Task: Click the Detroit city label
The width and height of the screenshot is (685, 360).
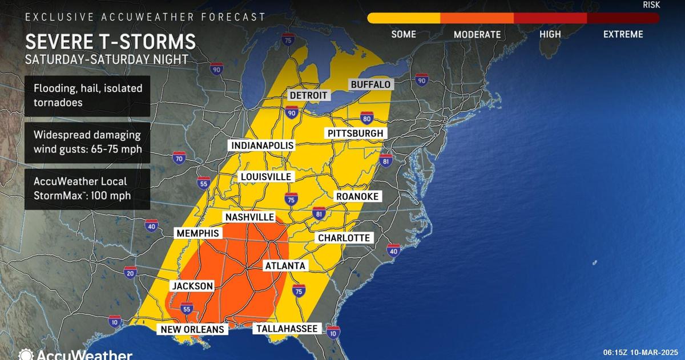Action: point(308,95)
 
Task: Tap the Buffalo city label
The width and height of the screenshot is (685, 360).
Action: point(370,84)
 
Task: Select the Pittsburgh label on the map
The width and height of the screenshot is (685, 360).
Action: point(355,133)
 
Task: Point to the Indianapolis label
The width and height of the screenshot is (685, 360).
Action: point(262,145)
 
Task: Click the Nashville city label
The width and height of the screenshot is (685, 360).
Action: point(249,217)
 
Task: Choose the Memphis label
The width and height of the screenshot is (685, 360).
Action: point(198,233)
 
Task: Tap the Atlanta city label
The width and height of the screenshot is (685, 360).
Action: point(285,265)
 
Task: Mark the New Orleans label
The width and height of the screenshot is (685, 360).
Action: point(192,329)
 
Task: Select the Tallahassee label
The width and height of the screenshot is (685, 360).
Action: point(287,329)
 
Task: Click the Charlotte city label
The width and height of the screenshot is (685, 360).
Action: point(344,237)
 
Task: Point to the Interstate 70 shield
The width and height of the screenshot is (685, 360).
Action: point(179,158)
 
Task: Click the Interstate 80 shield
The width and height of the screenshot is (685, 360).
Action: point(367,118)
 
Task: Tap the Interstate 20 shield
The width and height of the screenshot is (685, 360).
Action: point(130,273)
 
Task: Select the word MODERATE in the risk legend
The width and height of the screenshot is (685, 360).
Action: point(477,34)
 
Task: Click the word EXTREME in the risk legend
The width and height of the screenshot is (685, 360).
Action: point(623,34)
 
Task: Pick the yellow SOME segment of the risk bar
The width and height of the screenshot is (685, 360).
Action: point(404,18)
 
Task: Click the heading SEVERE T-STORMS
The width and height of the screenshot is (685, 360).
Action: point(110,42)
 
